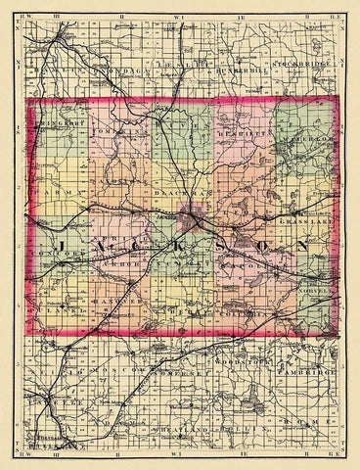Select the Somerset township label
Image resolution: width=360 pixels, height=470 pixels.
click(181, 375)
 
